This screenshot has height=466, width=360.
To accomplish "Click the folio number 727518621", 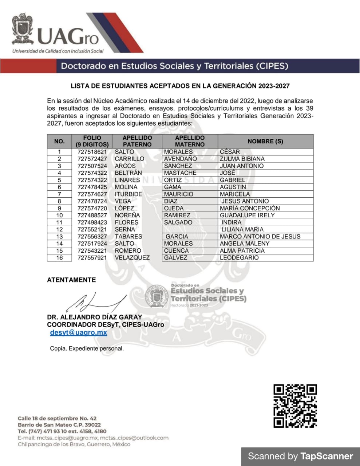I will [92, 152].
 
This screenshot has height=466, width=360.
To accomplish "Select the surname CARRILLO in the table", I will [129, 159].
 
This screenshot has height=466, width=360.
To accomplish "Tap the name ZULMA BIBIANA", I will [242, 159].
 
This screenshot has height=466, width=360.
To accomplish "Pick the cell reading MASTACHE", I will [180, 173].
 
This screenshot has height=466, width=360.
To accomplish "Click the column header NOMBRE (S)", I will [265, 141].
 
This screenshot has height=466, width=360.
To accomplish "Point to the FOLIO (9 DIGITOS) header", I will [92, 141].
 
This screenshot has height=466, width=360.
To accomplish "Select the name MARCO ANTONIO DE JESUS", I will [260, 237].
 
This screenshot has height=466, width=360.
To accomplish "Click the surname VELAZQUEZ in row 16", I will [132, 258].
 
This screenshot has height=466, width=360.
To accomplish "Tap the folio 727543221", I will [92, 251].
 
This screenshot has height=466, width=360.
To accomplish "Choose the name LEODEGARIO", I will [239, 258].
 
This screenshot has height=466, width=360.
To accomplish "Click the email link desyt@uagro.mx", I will [78, 332].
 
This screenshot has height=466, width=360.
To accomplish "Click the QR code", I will [295, 406].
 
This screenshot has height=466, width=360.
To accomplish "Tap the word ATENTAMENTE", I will [71, 280].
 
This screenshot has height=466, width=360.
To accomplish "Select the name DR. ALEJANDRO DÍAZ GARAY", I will [94, 317].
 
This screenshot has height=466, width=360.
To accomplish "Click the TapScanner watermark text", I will [300, 457].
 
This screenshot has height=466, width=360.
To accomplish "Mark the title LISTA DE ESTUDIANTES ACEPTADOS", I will [180, 86].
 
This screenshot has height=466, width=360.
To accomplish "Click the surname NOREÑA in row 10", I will [127, 216].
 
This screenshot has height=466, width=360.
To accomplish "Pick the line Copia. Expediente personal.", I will [87, 348].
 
